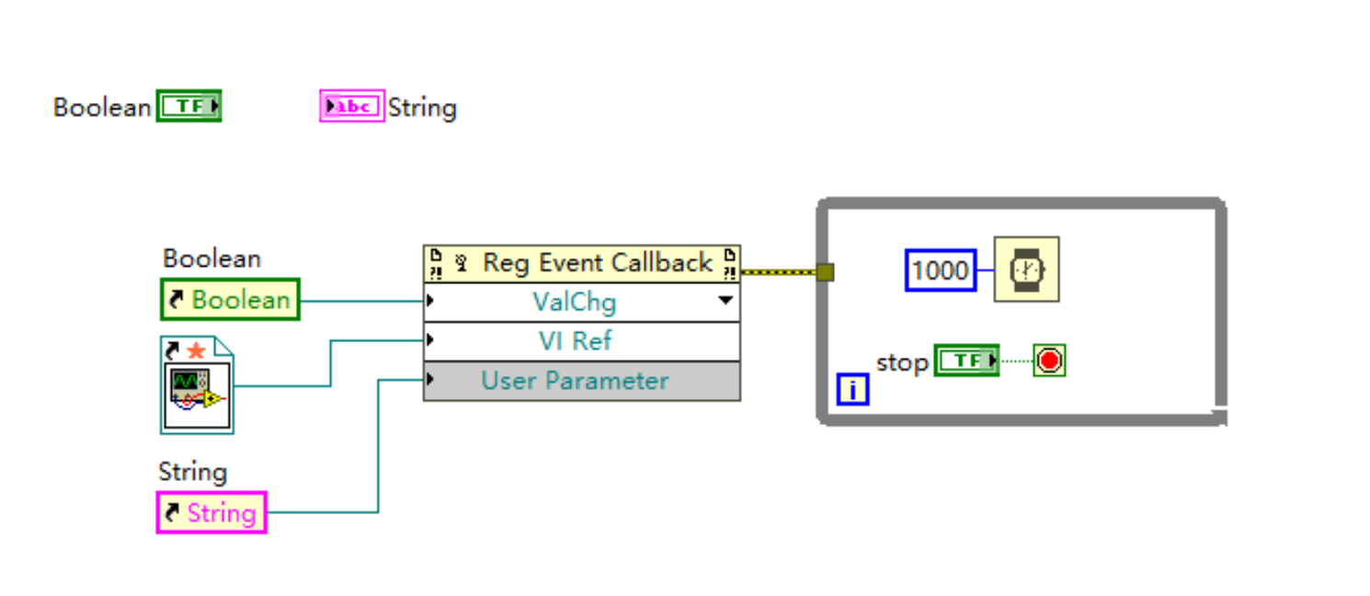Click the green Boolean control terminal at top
point(188,107)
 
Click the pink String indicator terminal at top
point(351,107)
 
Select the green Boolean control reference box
point(230,300)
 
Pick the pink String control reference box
point(211,512)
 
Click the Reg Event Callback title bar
point(581,263)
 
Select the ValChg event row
point(574,302)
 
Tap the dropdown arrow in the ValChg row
point(725,301)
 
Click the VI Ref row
point(576,341)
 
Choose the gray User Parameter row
point(576,381)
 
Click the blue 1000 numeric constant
point(940,270)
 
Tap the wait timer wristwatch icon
point(1026,269)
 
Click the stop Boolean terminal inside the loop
point(965,361)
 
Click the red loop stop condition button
point(1049,361)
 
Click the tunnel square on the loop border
point(825,272)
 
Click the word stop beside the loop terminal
point(901,362)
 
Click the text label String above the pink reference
point(192,472)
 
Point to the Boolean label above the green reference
point(211,258)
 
